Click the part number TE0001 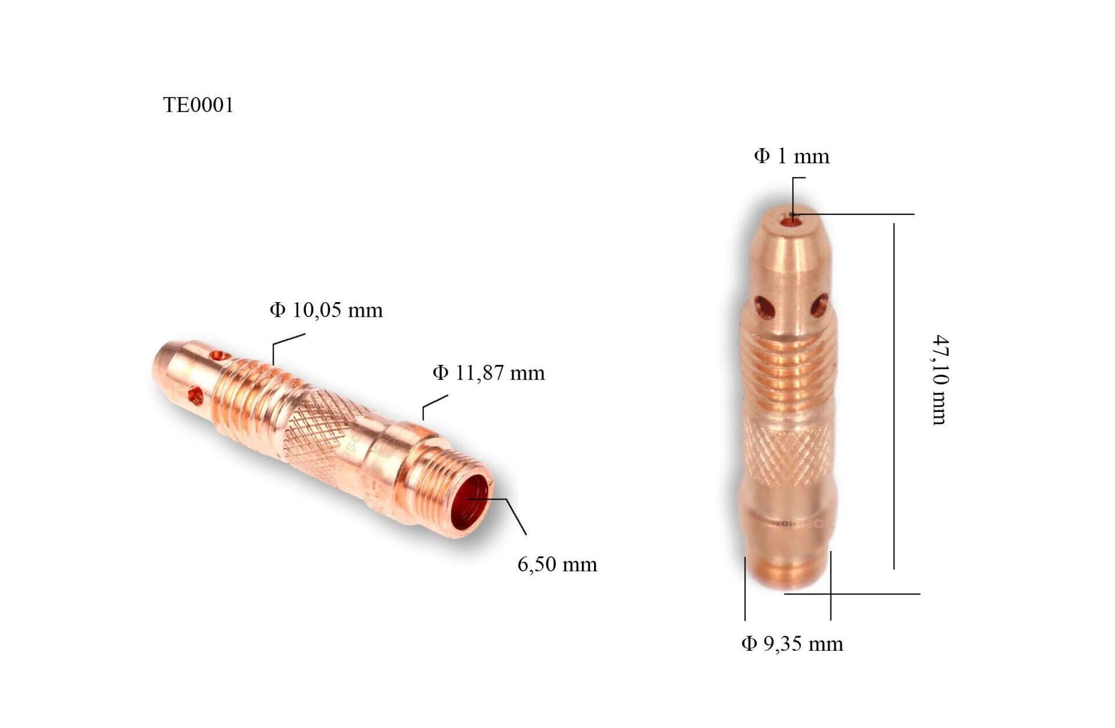tap(198, 105)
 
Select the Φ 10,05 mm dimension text tap(326, 310)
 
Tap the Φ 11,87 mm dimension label tap(488, 372)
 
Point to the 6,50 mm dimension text tap(557, 564)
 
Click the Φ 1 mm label tap(792, 156)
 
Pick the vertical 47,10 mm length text tap(939, 380)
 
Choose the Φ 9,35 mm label tap(792, 644)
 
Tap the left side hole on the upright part tap(764, 306)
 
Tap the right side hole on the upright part tap(819, 304)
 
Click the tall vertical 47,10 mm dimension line tap(894, 395)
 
